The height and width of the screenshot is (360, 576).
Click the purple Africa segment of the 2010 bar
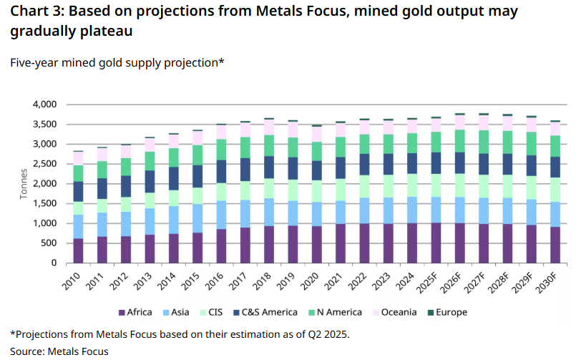coord(78,250)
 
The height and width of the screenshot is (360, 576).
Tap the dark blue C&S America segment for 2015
coord(197,176)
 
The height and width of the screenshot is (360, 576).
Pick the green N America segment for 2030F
coord(555,145)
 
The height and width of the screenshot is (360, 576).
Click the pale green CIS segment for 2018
coord(270,188)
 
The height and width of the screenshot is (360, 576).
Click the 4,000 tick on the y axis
coord(44,104)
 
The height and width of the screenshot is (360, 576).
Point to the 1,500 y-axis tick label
coord(44,204)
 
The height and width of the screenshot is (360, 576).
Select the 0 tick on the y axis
coord(53,263)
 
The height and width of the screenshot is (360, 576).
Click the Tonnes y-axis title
coord(24,184)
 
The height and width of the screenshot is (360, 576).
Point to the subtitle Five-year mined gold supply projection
coord(117,63)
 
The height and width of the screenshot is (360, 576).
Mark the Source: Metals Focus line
coord(59,351)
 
